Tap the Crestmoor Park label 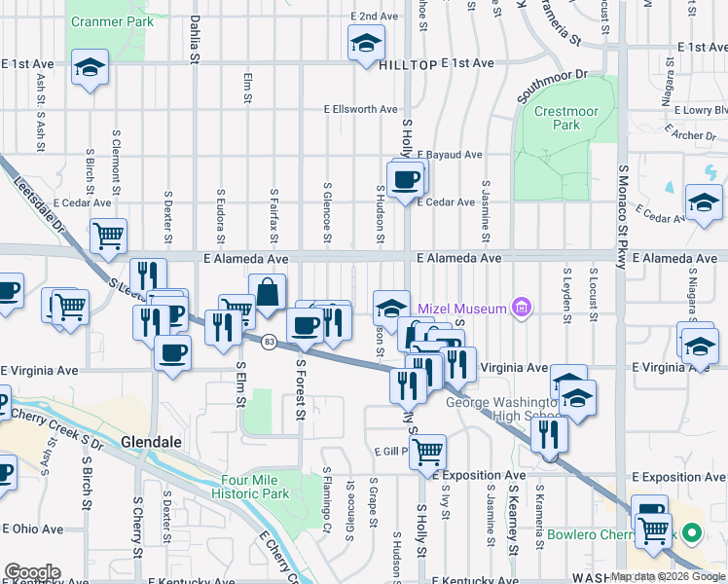567,119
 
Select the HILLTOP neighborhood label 404,62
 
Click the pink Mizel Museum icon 523,309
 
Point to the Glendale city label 151,441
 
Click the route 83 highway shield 269,340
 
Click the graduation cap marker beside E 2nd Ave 365,43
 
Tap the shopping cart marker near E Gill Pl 427,451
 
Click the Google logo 32,572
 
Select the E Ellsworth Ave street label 361,110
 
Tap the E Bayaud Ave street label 450,155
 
